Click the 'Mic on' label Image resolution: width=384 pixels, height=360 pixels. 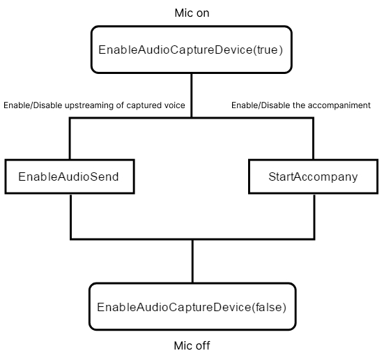(x=192, y=13)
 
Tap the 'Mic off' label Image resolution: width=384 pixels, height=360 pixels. (x=192, y=345)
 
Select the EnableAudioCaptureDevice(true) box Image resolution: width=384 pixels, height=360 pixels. (x=191, y=50)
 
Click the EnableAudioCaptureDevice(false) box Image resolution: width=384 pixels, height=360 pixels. (x=192, y=307)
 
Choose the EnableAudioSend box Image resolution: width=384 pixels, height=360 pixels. (x=70, y=177)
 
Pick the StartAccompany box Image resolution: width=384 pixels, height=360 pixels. (x=313, y=177)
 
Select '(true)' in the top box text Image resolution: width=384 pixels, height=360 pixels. (x=268, y=50)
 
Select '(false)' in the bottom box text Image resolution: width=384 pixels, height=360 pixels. (x=269, y=307)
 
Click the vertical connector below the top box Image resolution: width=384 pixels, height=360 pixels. (x=192, y=96)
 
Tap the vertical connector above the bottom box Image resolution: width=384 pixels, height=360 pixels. (x=193, y=261)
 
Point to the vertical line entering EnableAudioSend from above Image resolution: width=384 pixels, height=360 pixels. (x=70, y=139)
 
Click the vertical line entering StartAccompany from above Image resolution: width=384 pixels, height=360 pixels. (x=313, y=139)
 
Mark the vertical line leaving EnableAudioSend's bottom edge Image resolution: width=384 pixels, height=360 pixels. (x=71, y=216)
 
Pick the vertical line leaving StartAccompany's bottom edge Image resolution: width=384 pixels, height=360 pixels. (x=314, y=216)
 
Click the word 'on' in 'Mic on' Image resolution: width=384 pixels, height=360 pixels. (x=203, y=13)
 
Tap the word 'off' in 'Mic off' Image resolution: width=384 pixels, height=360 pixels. (x=203, y=345)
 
